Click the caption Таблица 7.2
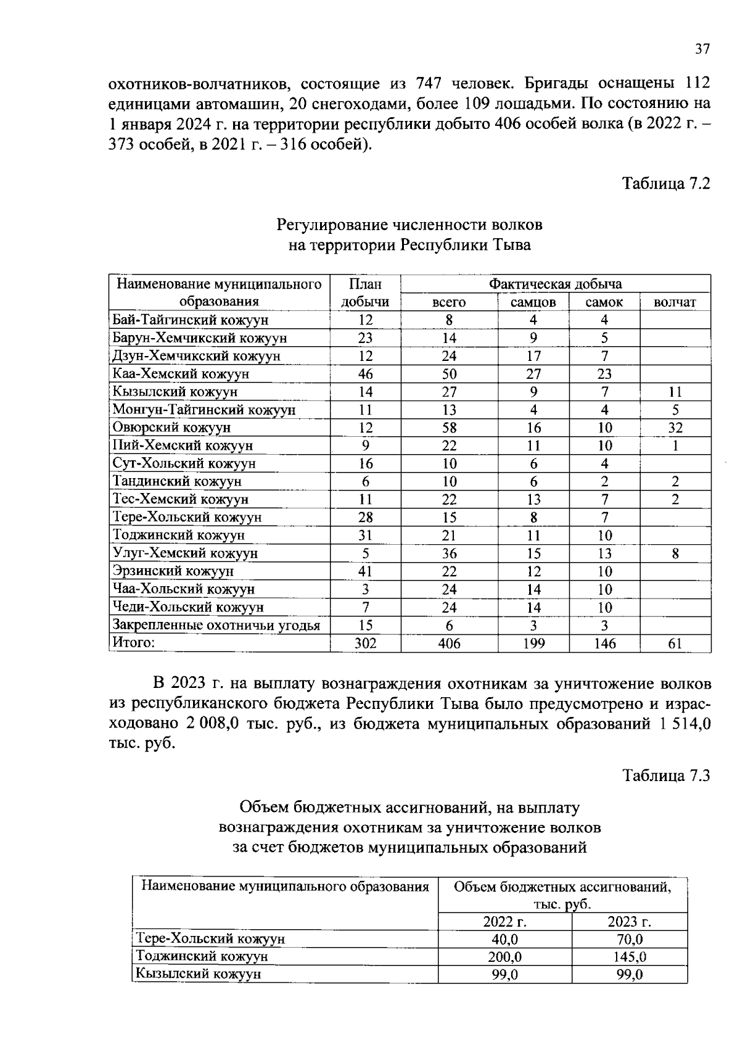tap(666, 183)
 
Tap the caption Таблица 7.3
tap(666, 775)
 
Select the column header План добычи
tap(365, 292)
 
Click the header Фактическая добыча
tap(555, 284)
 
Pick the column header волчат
tap(675, 302)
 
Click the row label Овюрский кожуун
tap(171, 427)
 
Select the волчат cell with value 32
tap(675, 428)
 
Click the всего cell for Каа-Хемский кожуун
tap(449, 374)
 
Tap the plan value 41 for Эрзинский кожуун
tap(365, 571)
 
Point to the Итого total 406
tap(449, 644)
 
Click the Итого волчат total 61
tap(675, 644)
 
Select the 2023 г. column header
tap(629, 922)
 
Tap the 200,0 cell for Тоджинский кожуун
tap(504, 957)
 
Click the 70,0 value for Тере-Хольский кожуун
tap(629, 939)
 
